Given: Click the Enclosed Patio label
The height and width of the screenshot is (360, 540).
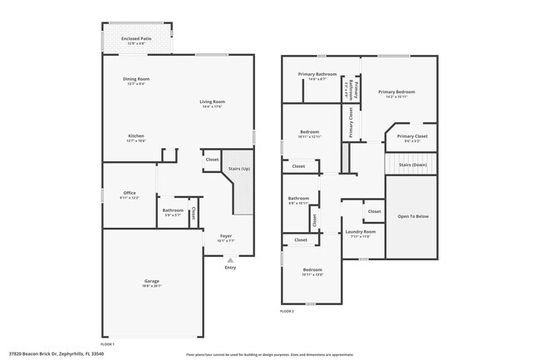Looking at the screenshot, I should click(x=136, y=39).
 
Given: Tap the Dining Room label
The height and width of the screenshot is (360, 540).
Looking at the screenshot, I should click(x=136, y=81).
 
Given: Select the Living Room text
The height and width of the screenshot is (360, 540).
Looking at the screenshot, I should click(x=213, y=103).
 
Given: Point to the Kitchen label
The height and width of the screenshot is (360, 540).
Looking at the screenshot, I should click(x=136, y=138).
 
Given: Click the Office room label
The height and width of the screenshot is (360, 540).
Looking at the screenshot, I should click(x=129, y=195).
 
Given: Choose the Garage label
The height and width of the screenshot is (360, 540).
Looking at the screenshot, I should click(x=151, y=282).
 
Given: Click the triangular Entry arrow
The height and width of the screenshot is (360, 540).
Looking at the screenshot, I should click(x=230, y=259).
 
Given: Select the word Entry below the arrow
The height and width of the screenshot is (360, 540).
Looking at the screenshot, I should click(x=230, y=268).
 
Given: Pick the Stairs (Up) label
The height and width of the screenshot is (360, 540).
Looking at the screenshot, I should click(x=239, y=170).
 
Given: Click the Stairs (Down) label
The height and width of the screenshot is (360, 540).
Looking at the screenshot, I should click(x=413, y=165).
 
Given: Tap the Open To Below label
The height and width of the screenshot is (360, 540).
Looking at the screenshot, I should click(x=413, y=216).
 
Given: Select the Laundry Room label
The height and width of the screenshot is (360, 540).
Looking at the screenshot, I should click(x=360, y=233).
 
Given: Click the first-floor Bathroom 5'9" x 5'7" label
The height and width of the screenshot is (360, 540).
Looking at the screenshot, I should click(x=173, y=211).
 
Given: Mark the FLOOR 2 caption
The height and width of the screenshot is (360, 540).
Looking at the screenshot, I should click(x=287, y=311).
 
